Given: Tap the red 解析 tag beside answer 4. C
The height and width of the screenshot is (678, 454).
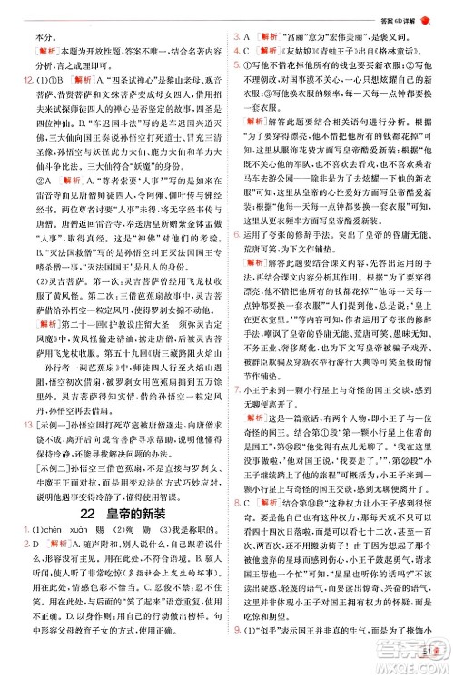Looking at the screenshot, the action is (x=271, y=54).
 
